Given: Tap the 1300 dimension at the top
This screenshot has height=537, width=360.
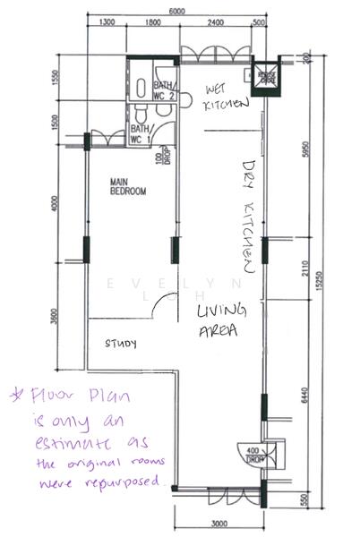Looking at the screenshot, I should tap(107, 22).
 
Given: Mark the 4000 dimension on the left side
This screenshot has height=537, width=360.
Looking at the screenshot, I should tap(55, 205).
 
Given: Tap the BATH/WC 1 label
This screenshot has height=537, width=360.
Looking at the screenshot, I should tap(141, 134).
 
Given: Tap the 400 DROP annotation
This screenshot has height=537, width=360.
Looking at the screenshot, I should tap(254, 454).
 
